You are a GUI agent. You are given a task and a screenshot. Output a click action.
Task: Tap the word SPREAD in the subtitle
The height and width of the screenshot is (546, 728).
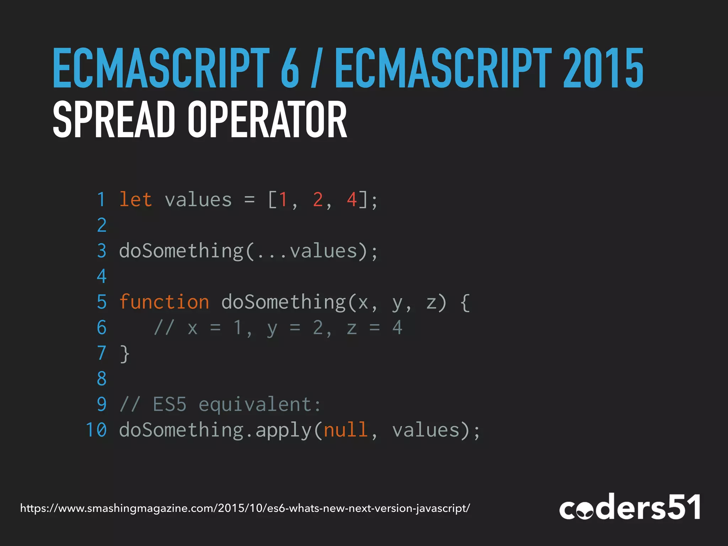click(x=114, y=119)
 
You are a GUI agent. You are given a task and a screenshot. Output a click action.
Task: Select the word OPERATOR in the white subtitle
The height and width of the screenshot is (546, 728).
click(x=267, y=119)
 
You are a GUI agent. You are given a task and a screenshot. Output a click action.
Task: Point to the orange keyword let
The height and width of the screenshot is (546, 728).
click(x=135, y=199)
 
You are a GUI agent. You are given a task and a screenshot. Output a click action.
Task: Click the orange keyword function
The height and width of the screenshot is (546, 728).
click(x=164, y=302)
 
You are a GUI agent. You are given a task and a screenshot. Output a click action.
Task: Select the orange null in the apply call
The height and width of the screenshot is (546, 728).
click(x=346, y=430)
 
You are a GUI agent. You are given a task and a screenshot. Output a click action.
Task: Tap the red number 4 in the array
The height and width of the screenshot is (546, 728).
click(x=352, y=199)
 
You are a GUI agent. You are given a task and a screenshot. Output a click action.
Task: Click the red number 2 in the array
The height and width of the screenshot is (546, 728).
click(x=318, y=199)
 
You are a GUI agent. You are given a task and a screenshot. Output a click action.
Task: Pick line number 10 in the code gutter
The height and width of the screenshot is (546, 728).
click(x=96, y=430)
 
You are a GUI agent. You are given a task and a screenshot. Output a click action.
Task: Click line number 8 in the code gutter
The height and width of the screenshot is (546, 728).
click(x=102, y=379)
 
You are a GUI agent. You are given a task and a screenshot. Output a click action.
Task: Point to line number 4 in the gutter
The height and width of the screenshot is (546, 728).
click(x=102, y=276)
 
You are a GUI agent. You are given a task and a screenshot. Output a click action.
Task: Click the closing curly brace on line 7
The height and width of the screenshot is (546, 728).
click(x=124, y=354)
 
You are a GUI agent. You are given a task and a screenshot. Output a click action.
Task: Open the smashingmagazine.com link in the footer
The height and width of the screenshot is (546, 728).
click(x=245, y=508)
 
